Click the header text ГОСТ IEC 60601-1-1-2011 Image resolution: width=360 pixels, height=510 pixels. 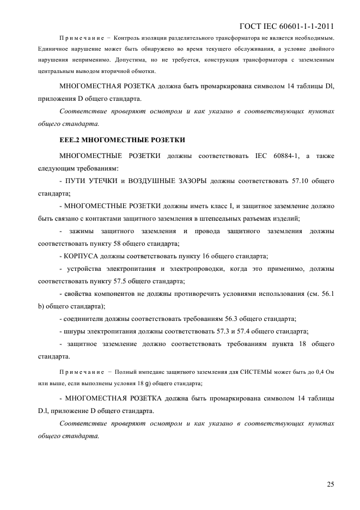(x=286, y=25)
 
